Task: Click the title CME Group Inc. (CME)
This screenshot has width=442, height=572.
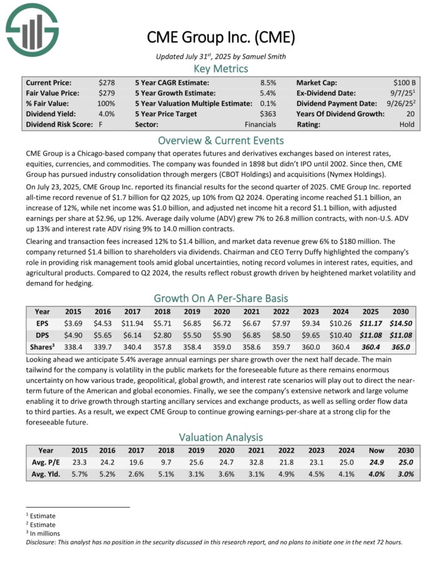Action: point(220,37)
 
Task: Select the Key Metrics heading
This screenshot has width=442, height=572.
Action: point(221,68)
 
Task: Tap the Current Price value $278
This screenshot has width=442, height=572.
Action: point(106,82)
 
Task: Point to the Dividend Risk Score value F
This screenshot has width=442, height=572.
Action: point(101,124)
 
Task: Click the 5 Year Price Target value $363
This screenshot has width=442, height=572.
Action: point(268,114)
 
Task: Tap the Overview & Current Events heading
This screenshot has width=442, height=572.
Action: point(221,140)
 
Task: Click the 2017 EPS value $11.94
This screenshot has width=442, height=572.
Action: point(131,324)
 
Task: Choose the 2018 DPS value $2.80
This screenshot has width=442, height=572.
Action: point(162,335)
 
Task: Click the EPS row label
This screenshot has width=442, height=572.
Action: point(42,324)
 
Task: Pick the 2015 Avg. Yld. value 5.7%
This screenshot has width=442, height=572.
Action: point(79,473)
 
